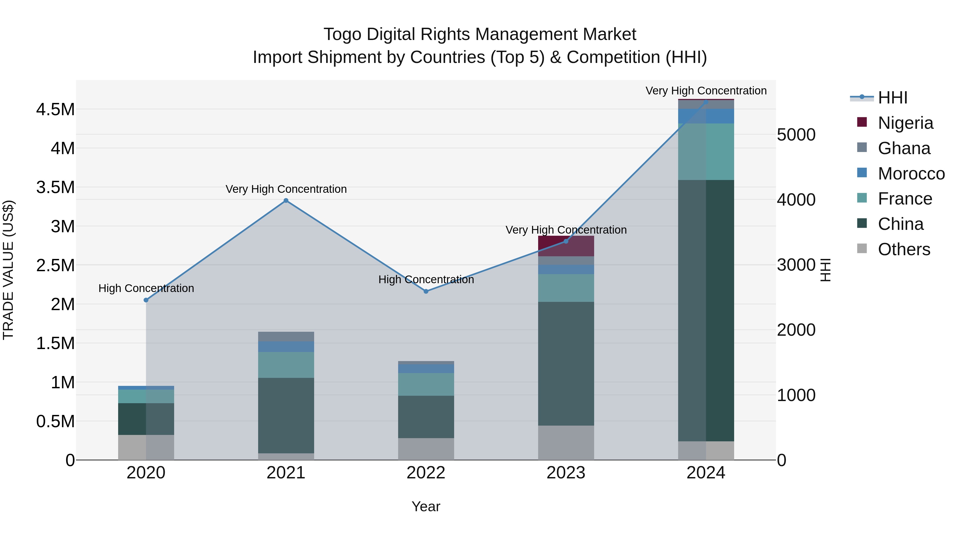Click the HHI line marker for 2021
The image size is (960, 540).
coord(286,201)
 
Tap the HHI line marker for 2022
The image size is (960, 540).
coord(426,291)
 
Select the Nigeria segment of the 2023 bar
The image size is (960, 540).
coord(566,246)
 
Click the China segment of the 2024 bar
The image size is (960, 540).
coord(706,310)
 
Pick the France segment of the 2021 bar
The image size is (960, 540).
coord(286,365)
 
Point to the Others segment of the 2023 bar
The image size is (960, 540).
coord(566,442)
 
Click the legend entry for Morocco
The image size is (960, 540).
coord(911,174)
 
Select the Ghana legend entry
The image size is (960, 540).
coord(904,148)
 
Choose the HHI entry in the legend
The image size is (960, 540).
coord(892,98)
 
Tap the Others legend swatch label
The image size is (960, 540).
coord(904,249)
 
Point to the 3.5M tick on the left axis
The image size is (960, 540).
coord(55,187)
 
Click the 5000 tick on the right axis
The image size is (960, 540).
coord(796,135)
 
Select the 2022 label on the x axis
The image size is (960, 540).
coord(426,473)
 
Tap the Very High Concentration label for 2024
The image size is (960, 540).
coord(706,91)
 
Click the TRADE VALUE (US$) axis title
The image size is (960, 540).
coord(8,270)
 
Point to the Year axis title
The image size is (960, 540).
coord(426,506)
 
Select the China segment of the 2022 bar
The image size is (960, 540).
coord(426,417)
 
